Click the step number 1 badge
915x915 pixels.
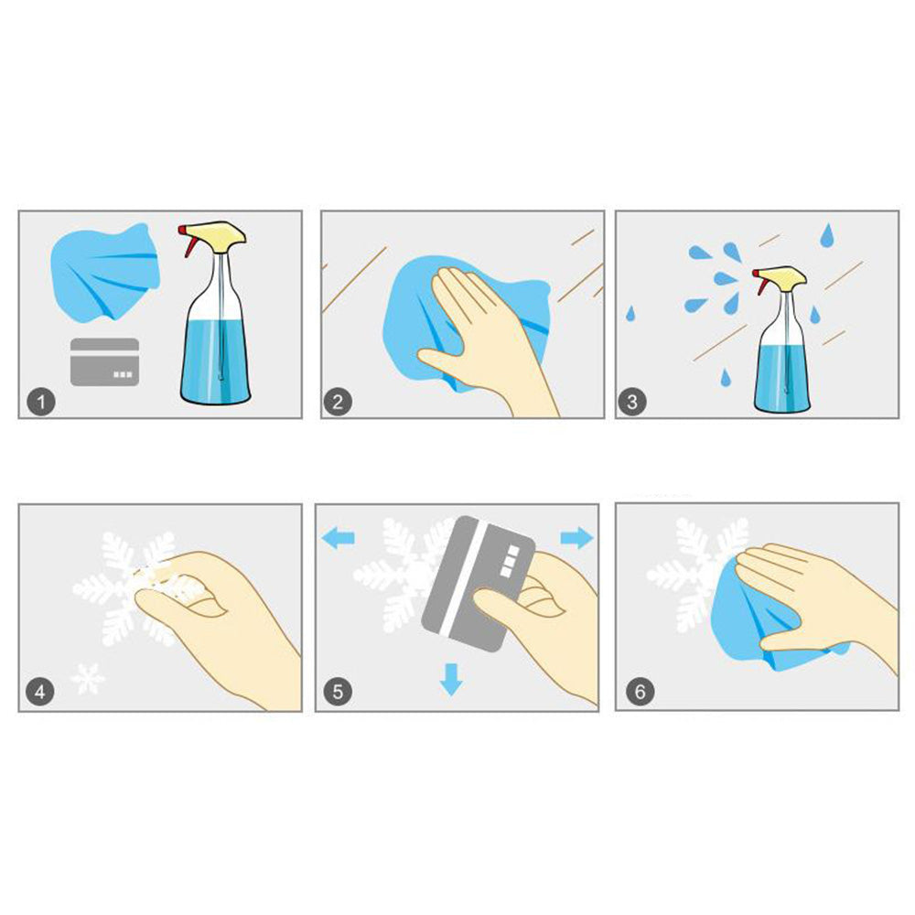41,402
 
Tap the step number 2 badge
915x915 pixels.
338,402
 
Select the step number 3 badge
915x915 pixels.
632,402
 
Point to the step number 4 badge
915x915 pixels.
39,692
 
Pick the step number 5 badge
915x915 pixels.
338,692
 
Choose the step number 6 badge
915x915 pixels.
640,692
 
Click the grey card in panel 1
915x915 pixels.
105,361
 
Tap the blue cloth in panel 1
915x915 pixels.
105,272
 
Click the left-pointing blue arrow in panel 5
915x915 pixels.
339,537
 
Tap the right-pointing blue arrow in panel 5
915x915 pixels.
576,537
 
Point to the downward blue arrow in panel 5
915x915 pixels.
451,679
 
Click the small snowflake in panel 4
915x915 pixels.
88,679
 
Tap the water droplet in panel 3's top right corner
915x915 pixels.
827,234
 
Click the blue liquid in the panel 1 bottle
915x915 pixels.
216,360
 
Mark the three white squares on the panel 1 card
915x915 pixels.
123,374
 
